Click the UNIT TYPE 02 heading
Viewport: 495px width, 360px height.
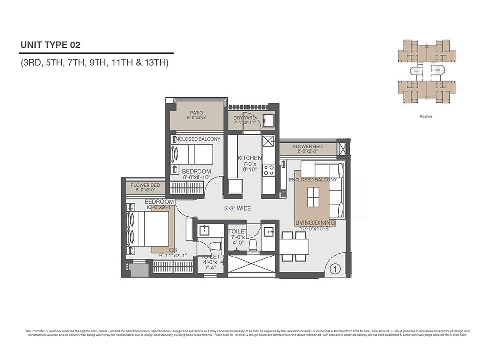click(x=50, y=45)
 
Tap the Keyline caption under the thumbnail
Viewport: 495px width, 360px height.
click(x=426, y=117)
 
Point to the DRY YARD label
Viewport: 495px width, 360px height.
click(x=245, y=119)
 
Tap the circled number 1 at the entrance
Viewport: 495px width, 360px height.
click(x=335, y=269)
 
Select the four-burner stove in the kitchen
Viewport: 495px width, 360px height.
click(x=269, y=170)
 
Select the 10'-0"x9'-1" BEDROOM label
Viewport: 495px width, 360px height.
click(x=159, y=204)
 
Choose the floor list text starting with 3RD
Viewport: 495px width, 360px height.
click(x=95, y=63)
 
